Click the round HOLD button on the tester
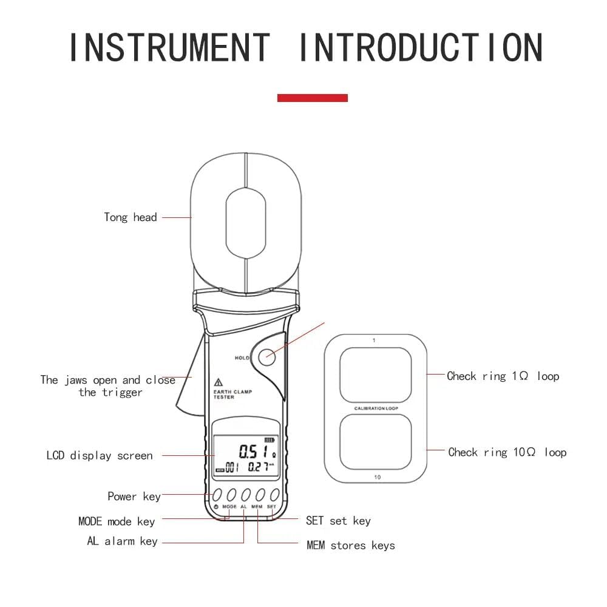click(266, 357)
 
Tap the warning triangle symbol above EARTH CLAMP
click(218, 382)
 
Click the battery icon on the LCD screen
click(270, 440)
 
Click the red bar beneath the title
click(312, 98)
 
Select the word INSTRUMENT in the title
click(169, 47)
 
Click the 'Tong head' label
click(130, 217)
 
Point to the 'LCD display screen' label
click(100, 455)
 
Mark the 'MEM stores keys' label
click(350, 545)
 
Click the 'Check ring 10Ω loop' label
click(506, 452)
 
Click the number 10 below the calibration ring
click(377, 477)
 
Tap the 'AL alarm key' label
click(122, 541)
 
